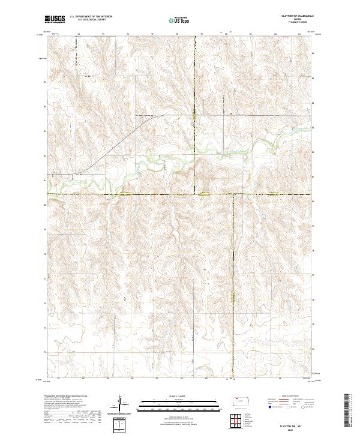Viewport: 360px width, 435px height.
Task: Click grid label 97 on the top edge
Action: point(152,34)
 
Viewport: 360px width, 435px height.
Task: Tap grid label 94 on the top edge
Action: point(78,34)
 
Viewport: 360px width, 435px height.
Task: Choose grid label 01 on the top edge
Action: point(250,34)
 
